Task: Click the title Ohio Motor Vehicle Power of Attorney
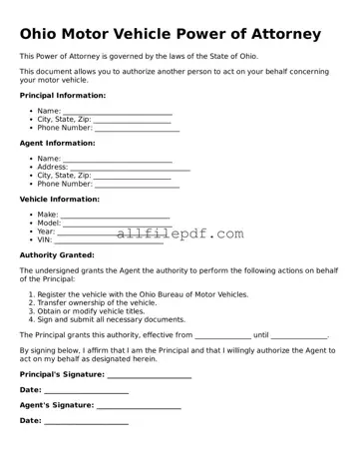171,34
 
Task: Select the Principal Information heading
63,96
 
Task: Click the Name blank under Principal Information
118,112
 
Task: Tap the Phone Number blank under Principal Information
137,129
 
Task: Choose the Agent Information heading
58,144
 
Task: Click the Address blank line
130,168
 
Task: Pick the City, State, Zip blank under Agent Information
132,176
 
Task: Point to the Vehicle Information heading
60,199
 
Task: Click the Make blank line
115,216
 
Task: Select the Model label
50,224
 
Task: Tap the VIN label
45,239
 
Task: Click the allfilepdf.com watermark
180,233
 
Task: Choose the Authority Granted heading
57,254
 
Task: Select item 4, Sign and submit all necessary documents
105,319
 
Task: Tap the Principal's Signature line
150,375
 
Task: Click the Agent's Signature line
139,406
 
